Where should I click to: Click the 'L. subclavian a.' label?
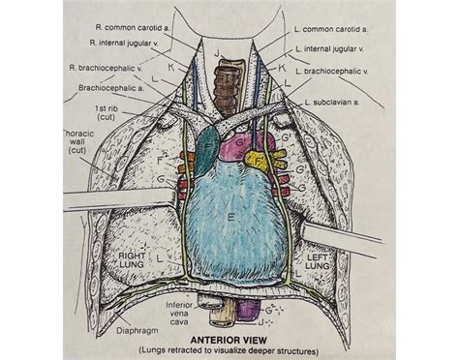(x=338, y=101)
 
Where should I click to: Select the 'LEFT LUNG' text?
(x=320, y=259)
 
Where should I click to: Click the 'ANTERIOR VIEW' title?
(x=229, y=340)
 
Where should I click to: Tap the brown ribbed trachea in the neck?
(x=230, y=81)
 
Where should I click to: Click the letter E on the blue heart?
(x=229, y=220)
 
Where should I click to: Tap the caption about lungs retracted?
(x=229, y=350)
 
